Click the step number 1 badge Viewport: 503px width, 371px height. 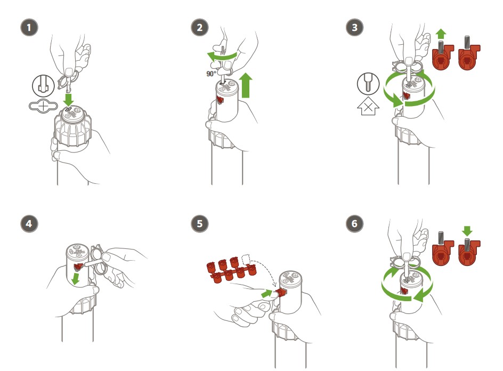coord(29,27)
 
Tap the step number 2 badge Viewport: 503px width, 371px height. coord(199,27)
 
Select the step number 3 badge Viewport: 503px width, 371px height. coord(354,27)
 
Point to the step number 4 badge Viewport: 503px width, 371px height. coord(29,223)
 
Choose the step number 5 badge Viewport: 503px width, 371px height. coord(199,223)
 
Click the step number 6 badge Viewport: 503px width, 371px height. coord(354,223)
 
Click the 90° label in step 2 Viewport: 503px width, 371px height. coord(212,74)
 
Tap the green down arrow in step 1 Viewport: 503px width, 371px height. coord(68,99)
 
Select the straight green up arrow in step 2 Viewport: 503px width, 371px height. coord(246,85)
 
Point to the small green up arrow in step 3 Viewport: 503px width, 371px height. coord(441,34)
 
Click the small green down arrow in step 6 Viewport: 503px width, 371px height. coord(467,231)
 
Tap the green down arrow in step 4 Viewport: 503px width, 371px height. coord(76,278)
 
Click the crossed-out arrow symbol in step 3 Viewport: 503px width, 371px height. coord(368,106)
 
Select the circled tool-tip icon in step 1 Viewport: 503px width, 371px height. coord(43,86)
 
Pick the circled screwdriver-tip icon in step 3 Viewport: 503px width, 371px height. coord(368,84)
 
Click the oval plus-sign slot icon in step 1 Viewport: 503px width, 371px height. coord(43,106)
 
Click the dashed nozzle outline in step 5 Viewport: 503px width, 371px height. coord(246,260)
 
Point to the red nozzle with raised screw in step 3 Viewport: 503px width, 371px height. coord(443,54)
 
